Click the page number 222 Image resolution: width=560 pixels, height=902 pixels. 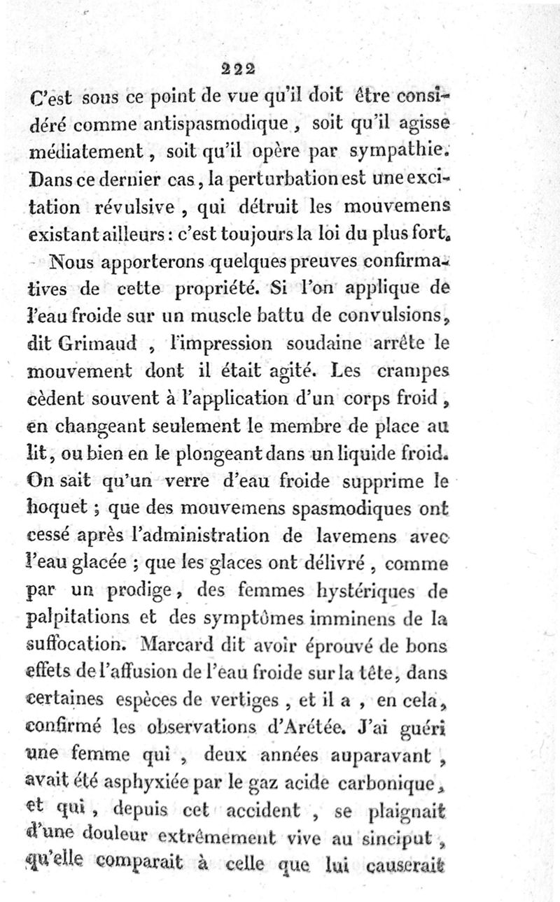tap(238, 69)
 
